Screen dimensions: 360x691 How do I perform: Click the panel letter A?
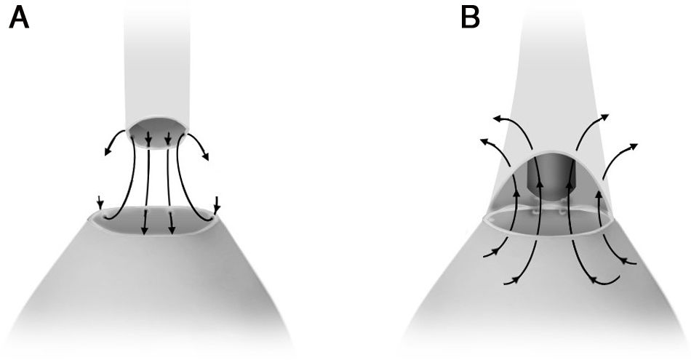point(19,17)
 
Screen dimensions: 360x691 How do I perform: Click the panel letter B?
point(471,17)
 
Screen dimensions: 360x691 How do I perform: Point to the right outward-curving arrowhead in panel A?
point(207,156)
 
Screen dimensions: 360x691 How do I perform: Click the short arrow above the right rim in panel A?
point(216,205)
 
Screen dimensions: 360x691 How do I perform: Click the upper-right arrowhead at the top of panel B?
point(605,116)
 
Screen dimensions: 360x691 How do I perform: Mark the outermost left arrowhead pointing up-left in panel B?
point(482,141)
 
